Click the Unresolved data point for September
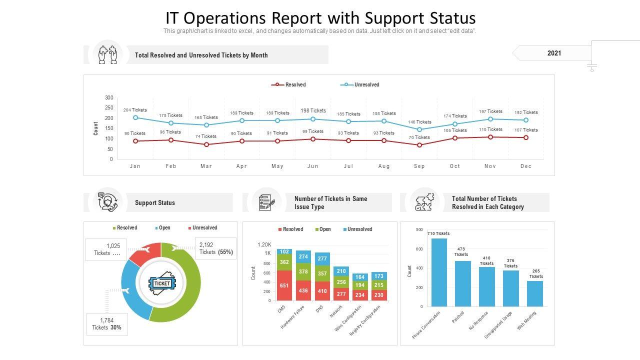pyautogui.click(x=419, y=129)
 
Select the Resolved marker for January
pyautogui.click(x=135, y=141)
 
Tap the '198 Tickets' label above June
pyautogui.click(x=313, y=110)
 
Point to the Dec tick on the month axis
pyautogui.click(x=525, y=166)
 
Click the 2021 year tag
pyautogui.click(x=554, y=53)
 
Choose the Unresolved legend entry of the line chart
pyautogui.click(x=366, y=85)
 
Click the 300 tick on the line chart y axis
pyautogui.click(x=109, y=97)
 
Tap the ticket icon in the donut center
pyautogui.click(x=161, y=283)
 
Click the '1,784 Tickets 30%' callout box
pyautogui.click(x=107, y=324)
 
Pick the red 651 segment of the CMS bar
pyautogui.click(x=284, y=285)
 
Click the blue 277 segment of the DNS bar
pyautogui.click(x=322, y=259)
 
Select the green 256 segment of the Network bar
pyautogui.click(x=341, y=281)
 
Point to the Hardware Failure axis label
pyautogui.click(x=293, y=317)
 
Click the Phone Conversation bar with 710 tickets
pyautogui.click(x=439, y=272)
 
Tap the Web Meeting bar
pyautogui.click(x=535, y=293)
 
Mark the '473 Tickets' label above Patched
pyautogui.click(x=461, y=252)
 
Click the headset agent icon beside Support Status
pyautogui.click(x=108, y=202)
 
